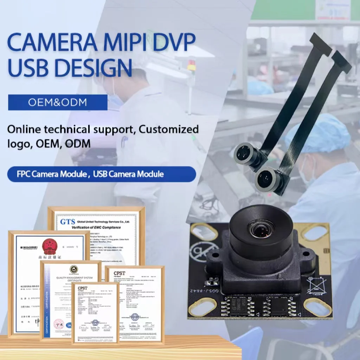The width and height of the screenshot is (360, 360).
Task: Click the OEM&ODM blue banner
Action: coord(58,102)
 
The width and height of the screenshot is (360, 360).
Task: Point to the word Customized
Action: coord(168,129)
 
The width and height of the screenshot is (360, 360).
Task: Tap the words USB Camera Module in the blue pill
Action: coord(128,174)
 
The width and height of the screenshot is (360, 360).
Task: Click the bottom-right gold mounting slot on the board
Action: coord(317,307)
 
